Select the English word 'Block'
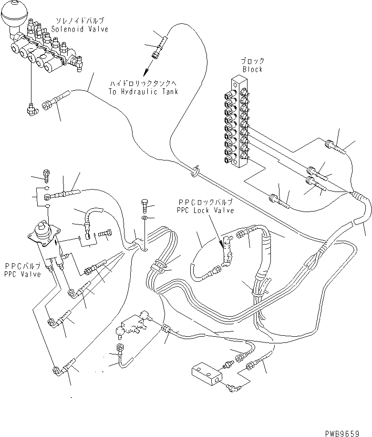pos(252,69)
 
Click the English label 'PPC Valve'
pos(22,274)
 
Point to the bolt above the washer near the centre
pos(145,206)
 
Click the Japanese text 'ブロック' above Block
pos(253,62)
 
